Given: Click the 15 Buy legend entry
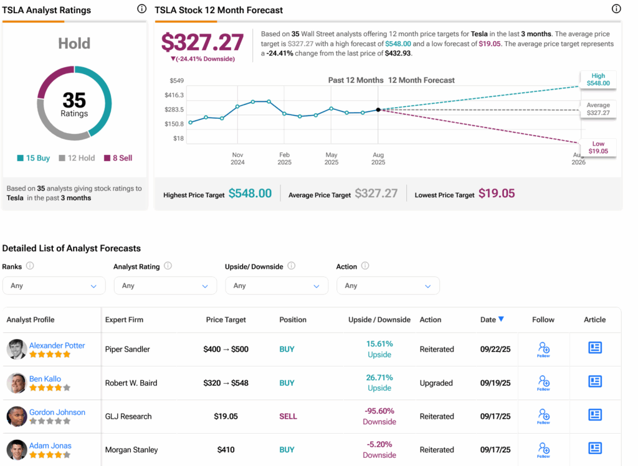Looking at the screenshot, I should coord(34,158).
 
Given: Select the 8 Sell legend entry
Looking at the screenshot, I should coord(118,158).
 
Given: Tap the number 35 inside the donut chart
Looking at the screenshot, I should coord(74,100).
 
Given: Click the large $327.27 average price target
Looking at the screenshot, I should coord(202,42).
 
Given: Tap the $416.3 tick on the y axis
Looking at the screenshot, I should coord(174,95).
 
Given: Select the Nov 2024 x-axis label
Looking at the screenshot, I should coord(237,159).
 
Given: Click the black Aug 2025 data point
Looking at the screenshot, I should coord(378,110).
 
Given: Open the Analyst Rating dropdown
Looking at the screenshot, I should coord(165,286).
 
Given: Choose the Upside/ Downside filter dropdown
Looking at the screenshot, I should coord(277,286).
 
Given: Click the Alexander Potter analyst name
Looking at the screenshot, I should coord(57,345).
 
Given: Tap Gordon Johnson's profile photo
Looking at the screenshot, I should coord(17,416).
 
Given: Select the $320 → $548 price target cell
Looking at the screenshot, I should coord(226,383).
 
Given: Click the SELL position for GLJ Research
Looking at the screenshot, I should coord(288,416).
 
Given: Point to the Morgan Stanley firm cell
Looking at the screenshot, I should coord(131,450).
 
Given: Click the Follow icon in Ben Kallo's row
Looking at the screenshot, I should coord(543,382).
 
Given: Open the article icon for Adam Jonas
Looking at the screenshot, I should coord(595,448).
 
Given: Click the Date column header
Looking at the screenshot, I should coord(492,320).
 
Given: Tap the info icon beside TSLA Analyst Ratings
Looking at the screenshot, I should coord(141,9).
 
